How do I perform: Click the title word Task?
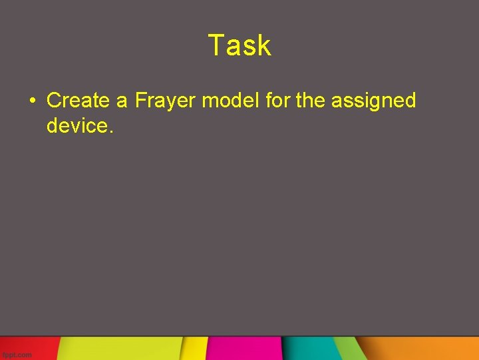pyautogui.click(x=239, y=45)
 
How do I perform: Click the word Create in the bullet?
pyautogui.click(x=78, y=101)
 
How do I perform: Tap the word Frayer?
pyautogui.click(x=165, y=101)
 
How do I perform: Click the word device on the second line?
pyautogui.click(x=77, y=125)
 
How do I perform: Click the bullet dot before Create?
pyautogui.click(x=33, y=101)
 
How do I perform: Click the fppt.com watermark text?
pyautogui.click(x=17, y=355)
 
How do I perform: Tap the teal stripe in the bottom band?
pyautogui.click(x=309, y=348)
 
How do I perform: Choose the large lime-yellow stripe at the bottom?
pyautogui.click(x=120, y=348)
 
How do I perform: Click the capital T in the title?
pyautogui.click(x=215, y=45)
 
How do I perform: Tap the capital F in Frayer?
pyautogui.click(x=140, y=101)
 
